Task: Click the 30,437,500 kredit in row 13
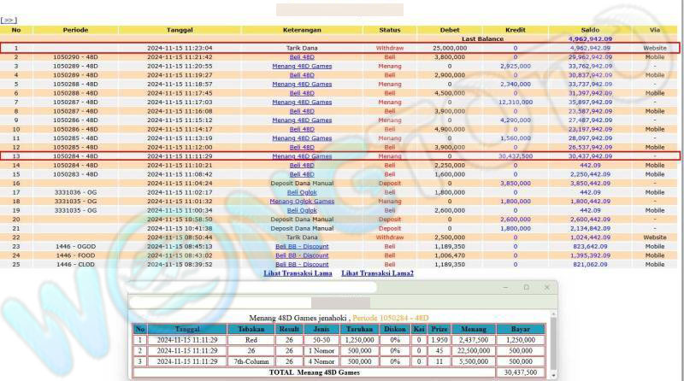tap(515, 156)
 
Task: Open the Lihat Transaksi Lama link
tap(297, 273)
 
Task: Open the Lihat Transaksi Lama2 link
tap(377, 273)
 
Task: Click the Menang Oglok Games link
tap(302, 201)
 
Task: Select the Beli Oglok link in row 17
tap(302, 192)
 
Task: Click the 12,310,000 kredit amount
tap(515, 102)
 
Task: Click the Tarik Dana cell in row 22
tap(302, 237)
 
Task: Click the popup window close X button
tap(546, 288)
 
